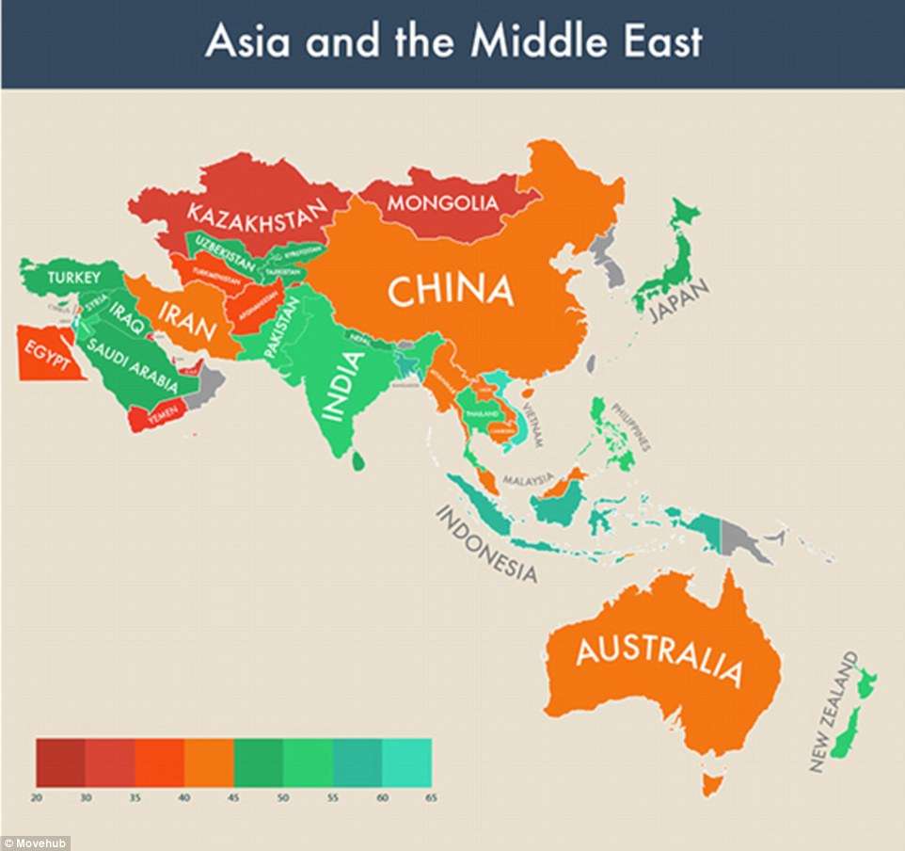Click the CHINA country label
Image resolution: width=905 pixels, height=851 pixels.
(451, 291)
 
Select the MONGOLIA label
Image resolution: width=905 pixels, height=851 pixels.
(442, 202)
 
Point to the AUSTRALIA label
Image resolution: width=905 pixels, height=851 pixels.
(659, 658)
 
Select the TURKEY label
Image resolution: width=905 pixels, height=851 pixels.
(68, 277)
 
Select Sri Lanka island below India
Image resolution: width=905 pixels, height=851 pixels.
(358, 461)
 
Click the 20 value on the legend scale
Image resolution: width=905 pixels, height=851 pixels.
(37, 797)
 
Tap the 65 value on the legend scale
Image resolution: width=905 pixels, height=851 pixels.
(431, 797)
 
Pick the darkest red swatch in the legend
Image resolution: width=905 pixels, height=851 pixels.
(60, 762)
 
